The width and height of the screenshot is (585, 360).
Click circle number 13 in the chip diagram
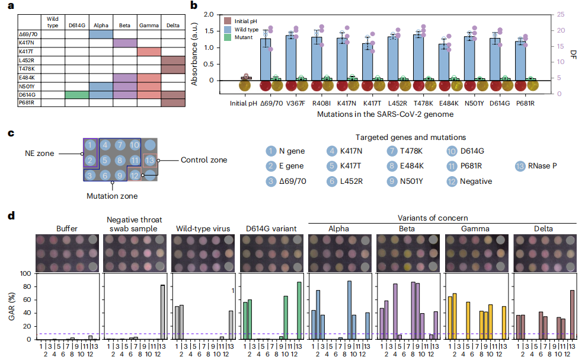151,160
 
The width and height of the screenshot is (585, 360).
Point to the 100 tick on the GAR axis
25,274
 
